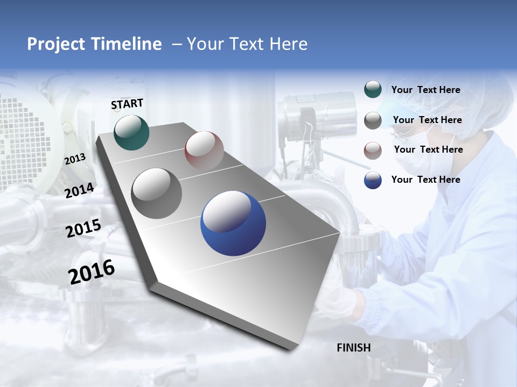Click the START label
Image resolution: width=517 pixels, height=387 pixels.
click(x=127, y=104)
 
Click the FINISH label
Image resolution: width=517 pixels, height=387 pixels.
click(x=353, y=348)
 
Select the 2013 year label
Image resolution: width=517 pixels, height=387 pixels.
click(x=75, y=159)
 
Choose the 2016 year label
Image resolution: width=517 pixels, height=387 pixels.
click(x=92, y=272)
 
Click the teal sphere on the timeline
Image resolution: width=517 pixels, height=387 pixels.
click(x=131, y=132)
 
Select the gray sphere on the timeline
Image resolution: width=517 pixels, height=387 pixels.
click(x=157, y=193)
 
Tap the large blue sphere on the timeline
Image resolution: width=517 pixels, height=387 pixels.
click(x=233, y=223)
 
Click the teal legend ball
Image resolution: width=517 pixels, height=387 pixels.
click(x=373, y=90)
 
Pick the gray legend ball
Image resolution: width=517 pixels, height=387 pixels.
click(x=373, y=120)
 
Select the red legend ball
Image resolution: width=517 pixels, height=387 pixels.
click(x=373, y=150)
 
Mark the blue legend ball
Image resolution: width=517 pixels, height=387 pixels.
click(x=373, y=180)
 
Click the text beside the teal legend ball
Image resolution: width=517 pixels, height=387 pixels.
click(x=425, y=90)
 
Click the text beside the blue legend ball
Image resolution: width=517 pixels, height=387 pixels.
click(x=425, y=180)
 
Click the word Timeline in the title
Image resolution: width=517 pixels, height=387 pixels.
click(x=129, y=44)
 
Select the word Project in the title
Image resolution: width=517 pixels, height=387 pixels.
click(x=54, y=44)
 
